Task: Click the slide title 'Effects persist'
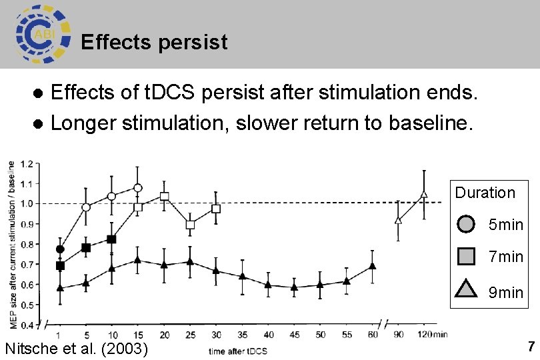[154, 43]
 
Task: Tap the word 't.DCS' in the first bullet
[173, 92]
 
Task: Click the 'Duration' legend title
[485, 193]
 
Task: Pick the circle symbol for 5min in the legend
[466, 224]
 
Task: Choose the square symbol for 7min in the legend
[466, 256]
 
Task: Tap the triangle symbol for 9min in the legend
[466, 290]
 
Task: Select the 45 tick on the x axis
[294, 335]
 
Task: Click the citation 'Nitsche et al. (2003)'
[76, 348]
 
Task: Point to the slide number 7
[531, 347]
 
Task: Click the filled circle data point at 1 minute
[61, 249]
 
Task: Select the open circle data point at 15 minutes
[138, 188]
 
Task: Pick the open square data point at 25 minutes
[190, 225]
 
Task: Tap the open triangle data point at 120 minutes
[424, 195]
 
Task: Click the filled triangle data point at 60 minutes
[373, 266]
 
